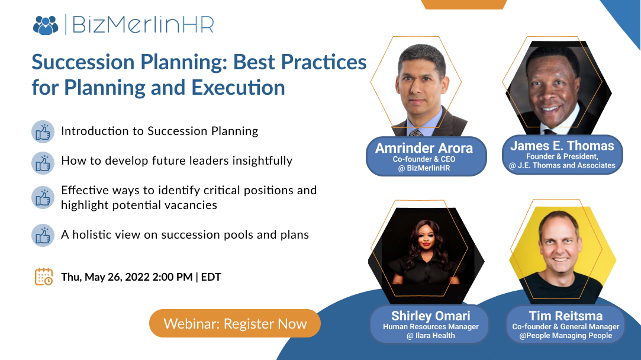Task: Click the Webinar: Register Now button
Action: pyautogui.click(x=235, y=324)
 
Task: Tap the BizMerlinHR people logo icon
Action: pyautogui.click(x=46, y=25)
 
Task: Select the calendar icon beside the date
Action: pyautogui.click(x=44, y=277)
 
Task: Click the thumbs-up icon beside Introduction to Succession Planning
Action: pyautogui.click(x=43, y=131)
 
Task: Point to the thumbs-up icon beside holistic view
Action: pyautogui.click(x=43, y=235)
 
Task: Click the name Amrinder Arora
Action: pyautogui.click(x=424, y=148)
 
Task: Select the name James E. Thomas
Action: pyautogui.click(x=562, y=146)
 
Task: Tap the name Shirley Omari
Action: pyautogui.click(x=430, y=316)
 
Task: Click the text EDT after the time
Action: pyautogui.click(x=211, y=277)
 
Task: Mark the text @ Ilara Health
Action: pyautogui.click(x=430, y=336)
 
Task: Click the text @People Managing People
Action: pyautogui.click(x=565, y=336)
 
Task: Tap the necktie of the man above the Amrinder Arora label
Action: pyautogui.click(x=418, y=132)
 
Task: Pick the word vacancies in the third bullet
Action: pyautogui.click(x=188, y=205)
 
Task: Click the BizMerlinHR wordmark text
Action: pyautogui.click(x=143, y=25)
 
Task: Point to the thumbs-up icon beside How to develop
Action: pyautogui.click(x=43, y=162)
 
